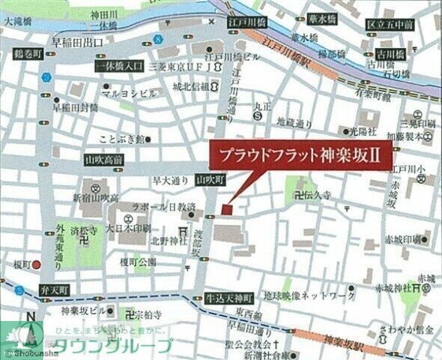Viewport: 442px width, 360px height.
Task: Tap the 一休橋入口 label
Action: pyautogui.click(x=119, y=67)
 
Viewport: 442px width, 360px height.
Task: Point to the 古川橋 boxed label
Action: pyautogui.click(x=390, y=53)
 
